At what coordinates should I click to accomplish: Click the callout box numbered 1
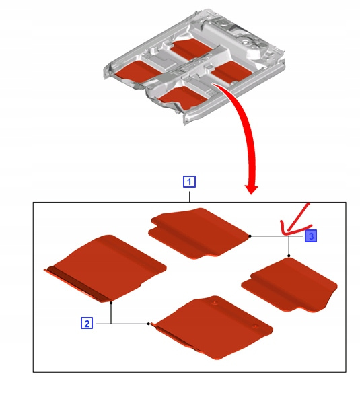(x=189, y=182)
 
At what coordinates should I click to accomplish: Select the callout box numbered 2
(x=87, y=323)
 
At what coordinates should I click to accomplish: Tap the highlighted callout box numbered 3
(x=311, y=236)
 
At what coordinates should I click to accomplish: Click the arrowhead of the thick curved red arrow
(x=252, y=190)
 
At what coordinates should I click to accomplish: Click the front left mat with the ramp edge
(x=105, y=269)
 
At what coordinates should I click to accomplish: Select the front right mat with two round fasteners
(x=213, y=327)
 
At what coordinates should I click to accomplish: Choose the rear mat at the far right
(x=289, y=285)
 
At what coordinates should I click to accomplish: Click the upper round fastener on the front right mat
(x=215, y=303)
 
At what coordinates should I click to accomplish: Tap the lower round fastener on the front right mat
(x=256, y=326)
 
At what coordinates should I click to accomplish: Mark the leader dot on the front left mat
(x=111, y=303)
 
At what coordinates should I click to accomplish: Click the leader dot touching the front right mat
(x=149, y=324)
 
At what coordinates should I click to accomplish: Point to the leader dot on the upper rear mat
(x=250, y=236)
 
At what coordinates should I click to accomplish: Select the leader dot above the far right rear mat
(x=289, y=256)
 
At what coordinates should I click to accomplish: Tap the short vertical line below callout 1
(x=190, y=196)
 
